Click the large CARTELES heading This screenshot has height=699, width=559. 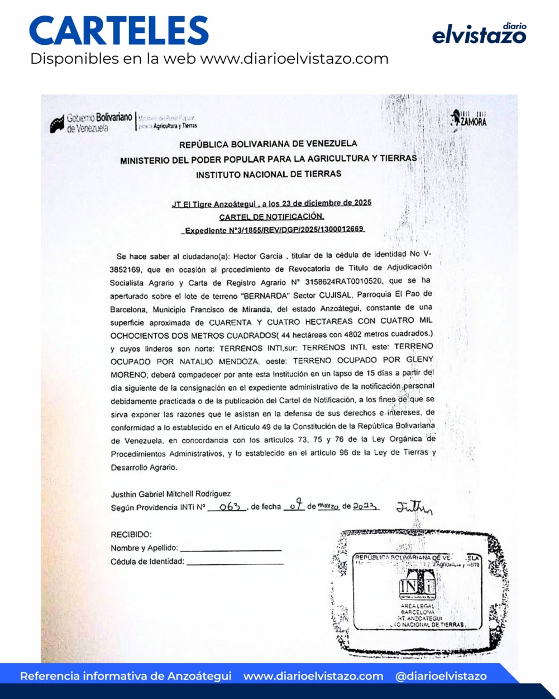119,31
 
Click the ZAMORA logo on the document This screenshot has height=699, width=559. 469,118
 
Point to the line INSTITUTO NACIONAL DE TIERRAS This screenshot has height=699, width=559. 268,174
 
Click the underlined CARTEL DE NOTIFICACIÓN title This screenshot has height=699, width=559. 271,216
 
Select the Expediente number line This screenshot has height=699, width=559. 274,230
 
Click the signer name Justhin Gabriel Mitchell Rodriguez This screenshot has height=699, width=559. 170,494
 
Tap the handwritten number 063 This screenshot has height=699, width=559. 229,507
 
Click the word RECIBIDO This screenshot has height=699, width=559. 131,535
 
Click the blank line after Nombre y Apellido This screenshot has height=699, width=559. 231,550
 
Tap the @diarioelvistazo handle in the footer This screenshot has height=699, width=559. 441,676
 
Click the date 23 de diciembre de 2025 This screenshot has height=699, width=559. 329,203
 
